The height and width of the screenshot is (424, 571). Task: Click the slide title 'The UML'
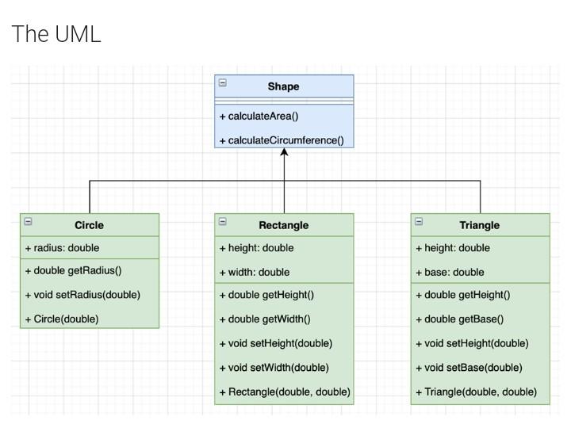coord(56,34)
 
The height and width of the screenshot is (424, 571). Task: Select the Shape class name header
coord(284,86)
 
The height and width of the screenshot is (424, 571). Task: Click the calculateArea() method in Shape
coord(259,117)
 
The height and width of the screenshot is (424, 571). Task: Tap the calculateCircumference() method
coord(282,140)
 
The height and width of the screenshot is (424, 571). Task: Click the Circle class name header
coord(89,225)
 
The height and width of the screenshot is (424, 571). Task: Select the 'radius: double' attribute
coord(62,248)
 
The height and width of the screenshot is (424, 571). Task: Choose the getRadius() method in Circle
coord(73,270)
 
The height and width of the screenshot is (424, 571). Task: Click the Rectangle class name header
coord(284,225)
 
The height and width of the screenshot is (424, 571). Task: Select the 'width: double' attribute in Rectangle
coord(254,272)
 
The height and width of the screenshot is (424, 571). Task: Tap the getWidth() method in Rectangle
coord(264,319)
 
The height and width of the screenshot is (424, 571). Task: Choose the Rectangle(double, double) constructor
coord(284,392)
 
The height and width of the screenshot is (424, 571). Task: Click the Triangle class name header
coord(480,225)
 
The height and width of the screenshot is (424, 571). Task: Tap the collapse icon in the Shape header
coord(223,82)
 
